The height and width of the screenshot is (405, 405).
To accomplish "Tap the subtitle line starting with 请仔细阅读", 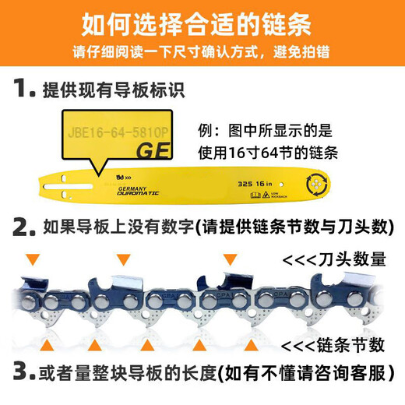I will [x=202, y=58].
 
